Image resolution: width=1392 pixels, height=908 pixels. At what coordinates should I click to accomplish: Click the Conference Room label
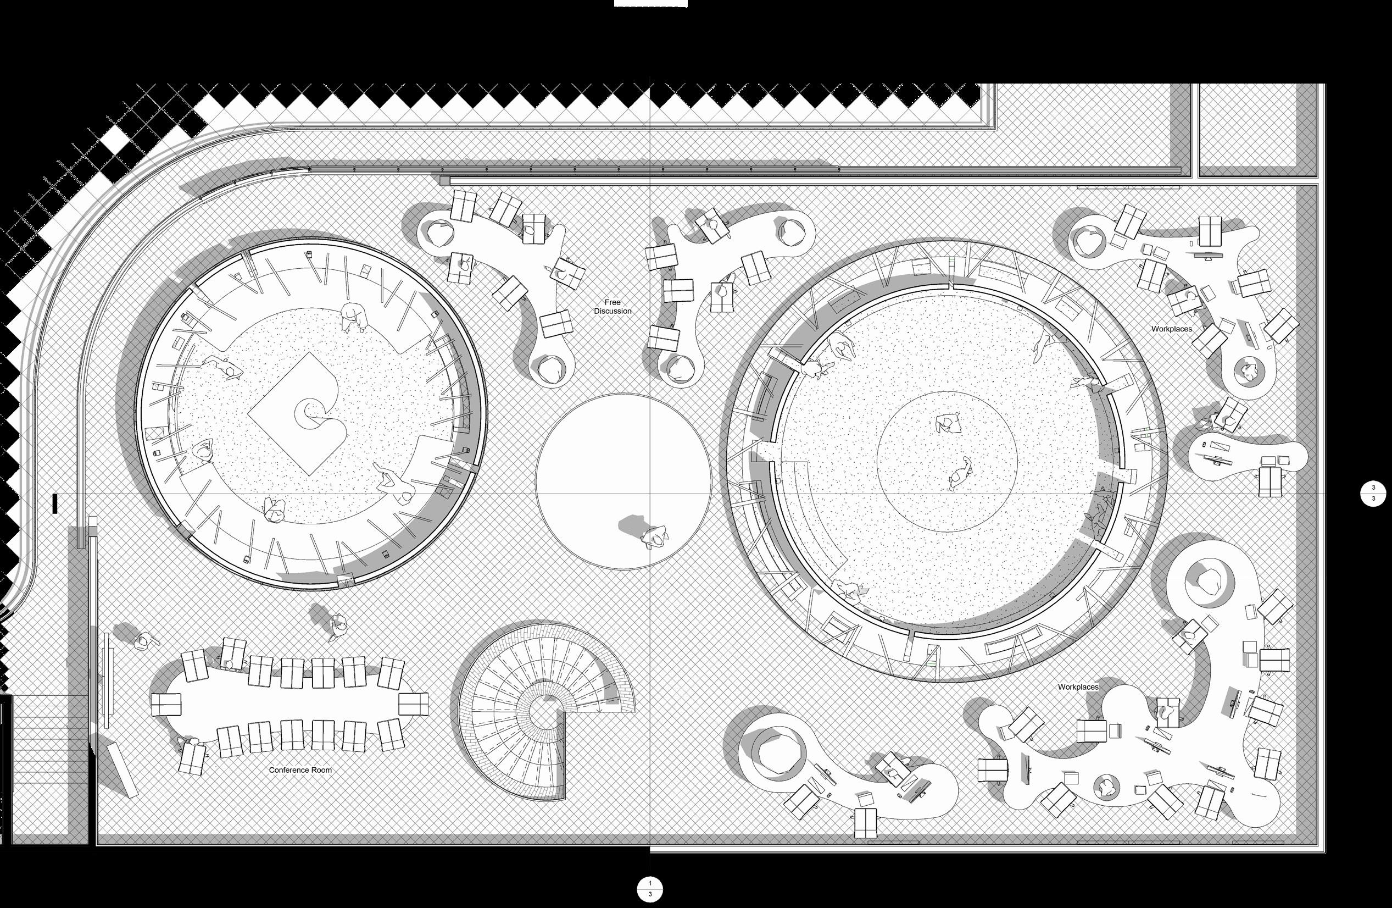(x=300, y=770)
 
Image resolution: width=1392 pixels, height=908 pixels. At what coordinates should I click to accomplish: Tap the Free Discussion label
(x=613, y=307)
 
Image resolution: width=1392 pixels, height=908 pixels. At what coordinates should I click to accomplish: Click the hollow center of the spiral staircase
(x=543, y=711)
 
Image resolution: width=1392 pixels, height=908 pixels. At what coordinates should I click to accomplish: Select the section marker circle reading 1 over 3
(x=650, y=889)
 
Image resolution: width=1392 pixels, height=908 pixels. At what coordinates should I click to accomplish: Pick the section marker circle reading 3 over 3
(x=1373, y=493)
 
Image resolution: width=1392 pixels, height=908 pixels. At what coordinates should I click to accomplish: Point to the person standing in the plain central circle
(x=654, y=537)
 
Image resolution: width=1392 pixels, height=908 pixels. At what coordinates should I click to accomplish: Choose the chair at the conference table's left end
(x=166, y=704)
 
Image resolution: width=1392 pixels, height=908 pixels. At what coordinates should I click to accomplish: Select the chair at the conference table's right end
(x=413, y=704)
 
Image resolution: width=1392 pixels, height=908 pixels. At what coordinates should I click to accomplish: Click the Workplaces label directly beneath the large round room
(x=1078, y=687)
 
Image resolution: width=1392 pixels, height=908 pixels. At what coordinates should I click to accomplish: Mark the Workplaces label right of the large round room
(x=1172, y=329)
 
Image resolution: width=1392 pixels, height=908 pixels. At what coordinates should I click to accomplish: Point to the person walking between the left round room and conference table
(x=338, y=626)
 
